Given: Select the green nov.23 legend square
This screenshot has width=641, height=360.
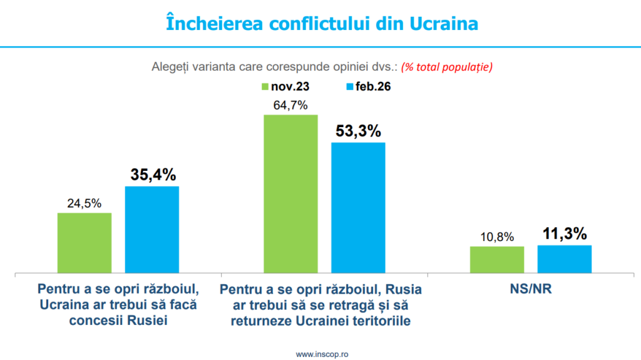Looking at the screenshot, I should [x=265, y=87].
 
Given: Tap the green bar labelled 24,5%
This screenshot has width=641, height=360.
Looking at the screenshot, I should [x=85, y=243].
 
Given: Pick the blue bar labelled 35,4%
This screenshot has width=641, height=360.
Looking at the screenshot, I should [x=152, y=230].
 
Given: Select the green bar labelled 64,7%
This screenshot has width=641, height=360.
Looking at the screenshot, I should [x=290, y=194].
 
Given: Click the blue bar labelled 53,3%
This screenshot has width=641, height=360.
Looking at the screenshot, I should [x=358, y=208].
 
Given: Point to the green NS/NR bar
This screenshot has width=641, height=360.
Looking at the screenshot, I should [x=496, y=260].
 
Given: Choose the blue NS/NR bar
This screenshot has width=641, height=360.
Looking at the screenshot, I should [x=564, y=259].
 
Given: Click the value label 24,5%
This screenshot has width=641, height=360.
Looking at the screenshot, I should [x=85, y=203].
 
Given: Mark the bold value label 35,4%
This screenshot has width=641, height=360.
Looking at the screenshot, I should [x=152, y=175].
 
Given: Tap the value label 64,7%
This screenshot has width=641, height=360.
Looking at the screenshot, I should [x=290, y=105].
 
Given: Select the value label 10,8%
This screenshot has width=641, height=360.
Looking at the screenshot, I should [x=496, y=237].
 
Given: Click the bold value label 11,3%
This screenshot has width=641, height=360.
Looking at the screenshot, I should [x=564, y=234].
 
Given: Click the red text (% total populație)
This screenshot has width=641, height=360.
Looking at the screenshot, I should [x=447, y=66].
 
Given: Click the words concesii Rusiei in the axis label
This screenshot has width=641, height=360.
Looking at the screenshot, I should [x=118, y=321].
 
